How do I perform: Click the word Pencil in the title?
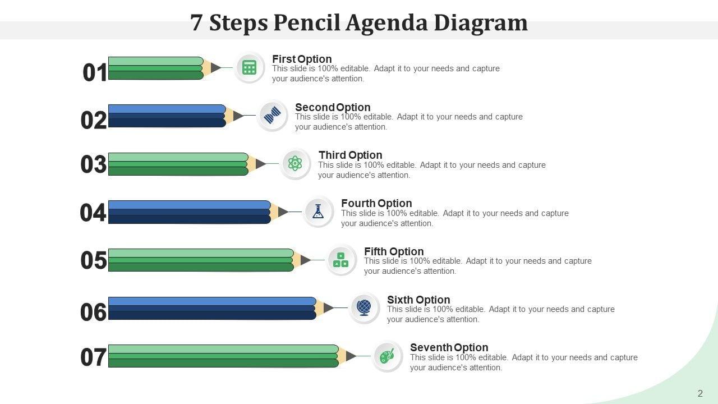click(x=306, y=23)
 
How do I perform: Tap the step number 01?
click(x=95, y=72)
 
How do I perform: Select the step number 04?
click(x=93, y=213)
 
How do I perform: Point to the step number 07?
click(x=93, y=357)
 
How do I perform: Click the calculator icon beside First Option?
click(x=249, y=67)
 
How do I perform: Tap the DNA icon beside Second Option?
click(x=272, y=116)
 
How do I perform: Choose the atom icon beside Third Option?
click(x=295, y=163)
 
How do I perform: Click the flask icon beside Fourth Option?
click(x=318, y=212)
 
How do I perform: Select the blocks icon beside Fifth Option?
click(x=340, y=260)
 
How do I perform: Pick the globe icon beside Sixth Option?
click(x=364, y=308)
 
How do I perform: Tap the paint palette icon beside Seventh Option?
click(x=387, y=356)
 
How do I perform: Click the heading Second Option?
click(x=333, y=107)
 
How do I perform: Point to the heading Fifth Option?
click(x=394, y=251)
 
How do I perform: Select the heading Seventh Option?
click(x=449, y=347)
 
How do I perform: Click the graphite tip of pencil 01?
click(x=215, y=68)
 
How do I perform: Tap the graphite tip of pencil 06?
click(x=328, y=308)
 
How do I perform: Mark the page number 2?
click(x=700, y=393)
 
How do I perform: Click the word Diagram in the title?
click(x=481, y=23)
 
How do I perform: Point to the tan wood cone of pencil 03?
click(x=252, y=164)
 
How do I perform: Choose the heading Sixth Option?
click(x=418, y=300)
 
